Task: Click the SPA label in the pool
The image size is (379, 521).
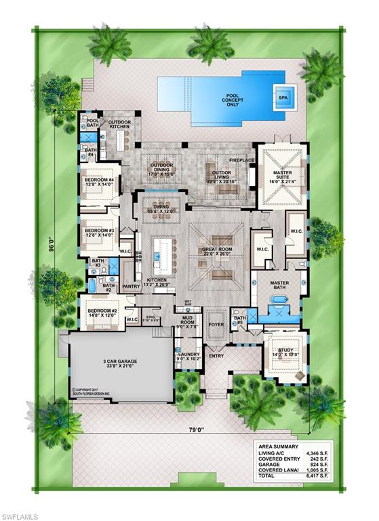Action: pyautogui.click(x=283, y=97)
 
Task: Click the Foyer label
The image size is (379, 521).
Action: pyautogui.click(x=215, y=324)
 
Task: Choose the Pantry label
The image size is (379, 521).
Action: pyautogui.click(x=131, y=287)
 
